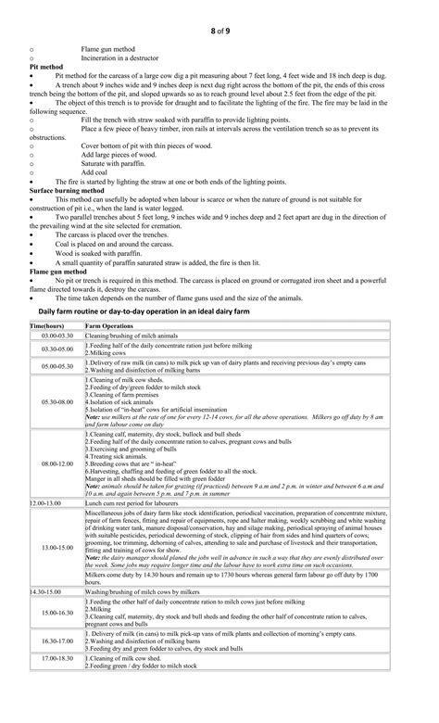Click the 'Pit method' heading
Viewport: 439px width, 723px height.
tap(46, 67)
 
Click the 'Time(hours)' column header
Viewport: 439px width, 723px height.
tap(46, 327)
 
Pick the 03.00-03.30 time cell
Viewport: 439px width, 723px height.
tap(56, 335)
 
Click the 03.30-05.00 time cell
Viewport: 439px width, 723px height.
tap(56, 349)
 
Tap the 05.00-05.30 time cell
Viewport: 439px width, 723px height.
tap(56, 367)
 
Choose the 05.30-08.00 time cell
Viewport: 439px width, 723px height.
tap(56, 402)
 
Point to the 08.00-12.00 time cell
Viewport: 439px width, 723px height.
tap(56, 463)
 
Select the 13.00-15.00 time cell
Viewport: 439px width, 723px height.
tap(56, 547)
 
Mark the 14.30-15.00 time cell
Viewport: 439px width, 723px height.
tap(47, 590)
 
